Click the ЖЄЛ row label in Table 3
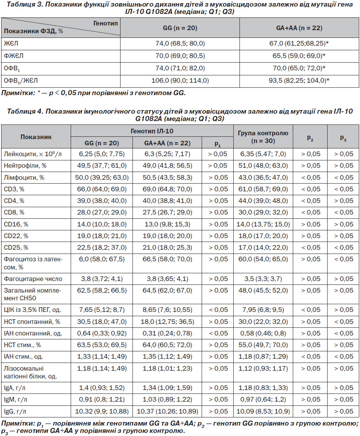[x=11, y=43]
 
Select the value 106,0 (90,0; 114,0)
[x=180, y=81]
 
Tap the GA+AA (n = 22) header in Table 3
[x=299, y=28]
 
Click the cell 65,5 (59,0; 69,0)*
[x=299, y=56]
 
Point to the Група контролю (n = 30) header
[x=263, y=137]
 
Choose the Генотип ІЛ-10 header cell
[x=152, y=131]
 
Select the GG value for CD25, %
[x=102, y=247]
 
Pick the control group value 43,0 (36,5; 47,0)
[x=263, y=177]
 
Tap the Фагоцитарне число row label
[x=33, y=279]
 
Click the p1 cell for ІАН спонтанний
[x=218, y=333]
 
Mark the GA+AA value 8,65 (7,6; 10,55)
[x=167, y=310]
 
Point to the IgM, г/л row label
[x=15, y=400]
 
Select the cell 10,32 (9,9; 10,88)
[x=102, y=411]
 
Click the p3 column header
[x=343, y=138]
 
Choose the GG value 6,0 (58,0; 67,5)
[x=102, y=259]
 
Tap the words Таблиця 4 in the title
[x=25, y=111]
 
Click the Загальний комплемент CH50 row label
[x=32, y=294]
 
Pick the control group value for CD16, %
[x=263, y=224]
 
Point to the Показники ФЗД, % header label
[x=33, y=31]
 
